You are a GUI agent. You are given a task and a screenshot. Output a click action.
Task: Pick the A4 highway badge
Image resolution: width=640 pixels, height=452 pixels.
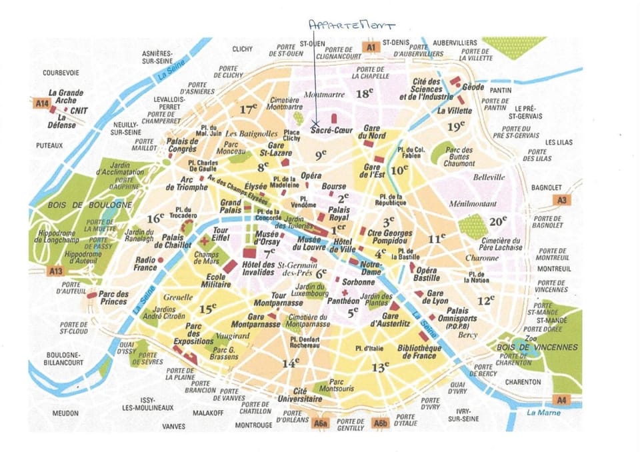point(561,400)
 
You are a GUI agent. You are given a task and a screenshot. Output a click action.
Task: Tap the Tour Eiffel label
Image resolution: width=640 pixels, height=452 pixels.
point(220,235)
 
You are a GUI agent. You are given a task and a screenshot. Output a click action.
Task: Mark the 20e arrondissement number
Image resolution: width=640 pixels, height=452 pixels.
point(498,221)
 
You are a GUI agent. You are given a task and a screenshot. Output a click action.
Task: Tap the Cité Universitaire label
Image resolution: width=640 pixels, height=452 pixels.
point(299,395)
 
